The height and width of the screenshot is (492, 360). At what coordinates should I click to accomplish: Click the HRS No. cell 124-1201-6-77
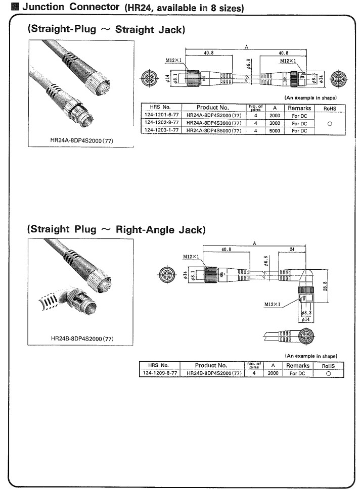point(161,115)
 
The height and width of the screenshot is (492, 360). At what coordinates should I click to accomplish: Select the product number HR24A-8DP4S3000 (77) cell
point(213,123)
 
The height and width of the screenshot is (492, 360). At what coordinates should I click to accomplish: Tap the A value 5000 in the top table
point(275,130)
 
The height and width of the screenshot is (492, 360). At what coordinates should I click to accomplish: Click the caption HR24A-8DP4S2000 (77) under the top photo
point(82,140)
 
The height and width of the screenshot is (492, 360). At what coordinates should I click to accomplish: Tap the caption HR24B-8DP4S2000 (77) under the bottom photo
point(82,337)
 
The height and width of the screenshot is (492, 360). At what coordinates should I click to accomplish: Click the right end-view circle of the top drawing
point(338,79)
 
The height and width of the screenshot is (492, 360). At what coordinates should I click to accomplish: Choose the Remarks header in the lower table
point(299,365)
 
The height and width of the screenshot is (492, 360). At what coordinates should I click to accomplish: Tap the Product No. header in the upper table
point(213,107)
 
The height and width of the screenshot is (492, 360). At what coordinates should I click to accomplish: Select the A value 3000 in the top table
point(275,123)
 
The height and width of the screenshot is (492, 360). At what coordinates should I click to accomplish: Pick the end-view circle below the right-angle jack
point(306,335)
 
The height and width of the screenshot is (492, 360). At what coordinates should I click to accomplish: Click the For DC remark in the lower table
point(298,373)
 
